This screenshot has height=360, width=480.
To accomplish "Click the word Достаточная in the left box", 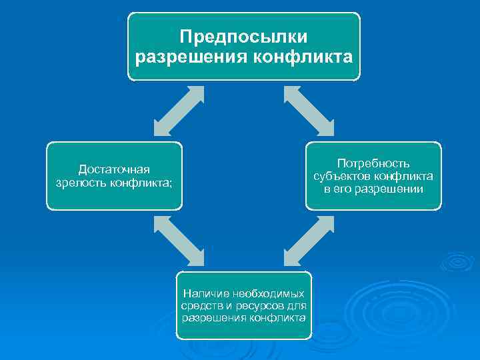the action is (x=114, y=169).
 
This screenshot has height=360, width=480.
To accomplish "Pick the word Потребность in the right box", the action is (x=373, y=163).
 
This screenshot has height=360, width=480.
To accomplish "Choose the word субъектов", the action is (x=342, y=176).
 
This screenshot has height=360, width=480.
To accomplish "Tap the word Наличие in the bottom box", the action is (x=205, y=293).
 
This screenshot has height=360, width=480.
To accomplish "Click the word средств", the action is (x=199, y=305).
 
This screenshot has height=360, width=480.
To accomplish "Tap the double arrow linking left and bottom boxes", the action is (x=178, y=240).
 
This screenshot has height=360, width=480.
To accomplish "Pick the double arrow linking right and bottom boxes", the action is (x=308, y=240).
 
